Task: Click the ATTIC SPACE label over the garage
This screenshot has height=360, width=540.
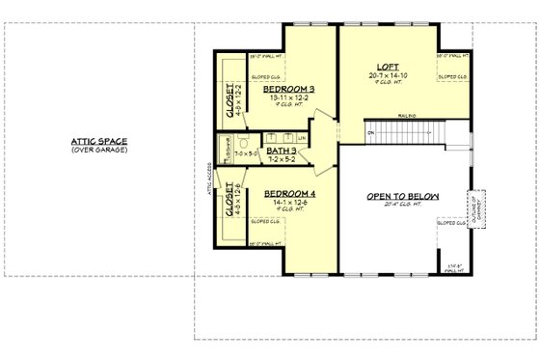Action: tap(99, 141)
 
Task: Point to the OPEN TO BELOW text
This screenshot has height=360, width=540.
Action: tap(402, 196)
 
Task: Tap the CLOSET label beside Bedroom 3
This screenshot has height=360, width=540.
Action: tap(230, 100)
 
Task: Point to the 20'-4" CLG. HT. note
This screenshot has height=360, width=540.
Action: tap(402, 206)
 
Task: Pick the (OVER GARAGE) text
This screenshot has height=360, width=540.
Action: tap(99, 150)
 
